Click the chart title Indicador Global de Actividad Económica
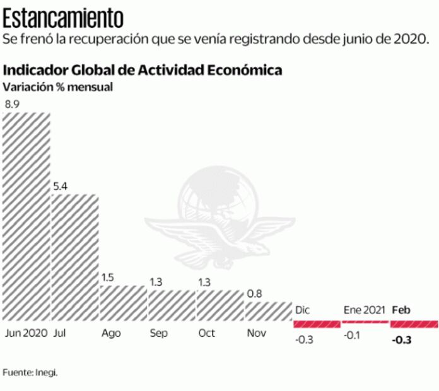click(143, 69)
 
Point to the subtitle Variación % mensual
click(58, 87)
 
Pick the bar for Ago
click(123, 303)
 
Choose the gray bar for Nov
click(268, 311)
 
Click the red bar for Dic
click(316, 324)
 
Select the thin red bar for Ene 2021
click(365, 322)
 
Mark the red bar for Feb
click(414, 324)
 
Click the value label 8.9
click(12, 104)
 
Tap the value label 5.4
click(60, 186)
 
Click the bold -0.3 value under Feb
click(401, 341)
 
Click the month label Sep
click(158, 333)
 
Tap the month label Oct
click(207, 333)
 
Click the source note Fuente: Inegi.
click(30, 373)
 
